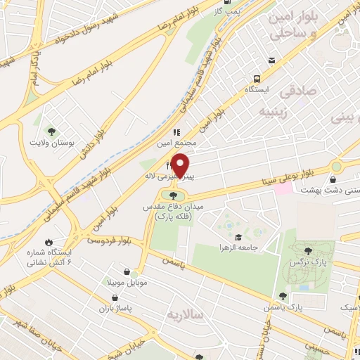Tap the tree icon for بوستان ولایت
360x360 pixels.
(x=50, y=131)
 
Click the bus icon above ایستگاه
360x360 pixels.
(x=257, y=79)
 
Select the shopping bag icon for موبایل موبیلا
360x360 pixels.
(x=126, y=272)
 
